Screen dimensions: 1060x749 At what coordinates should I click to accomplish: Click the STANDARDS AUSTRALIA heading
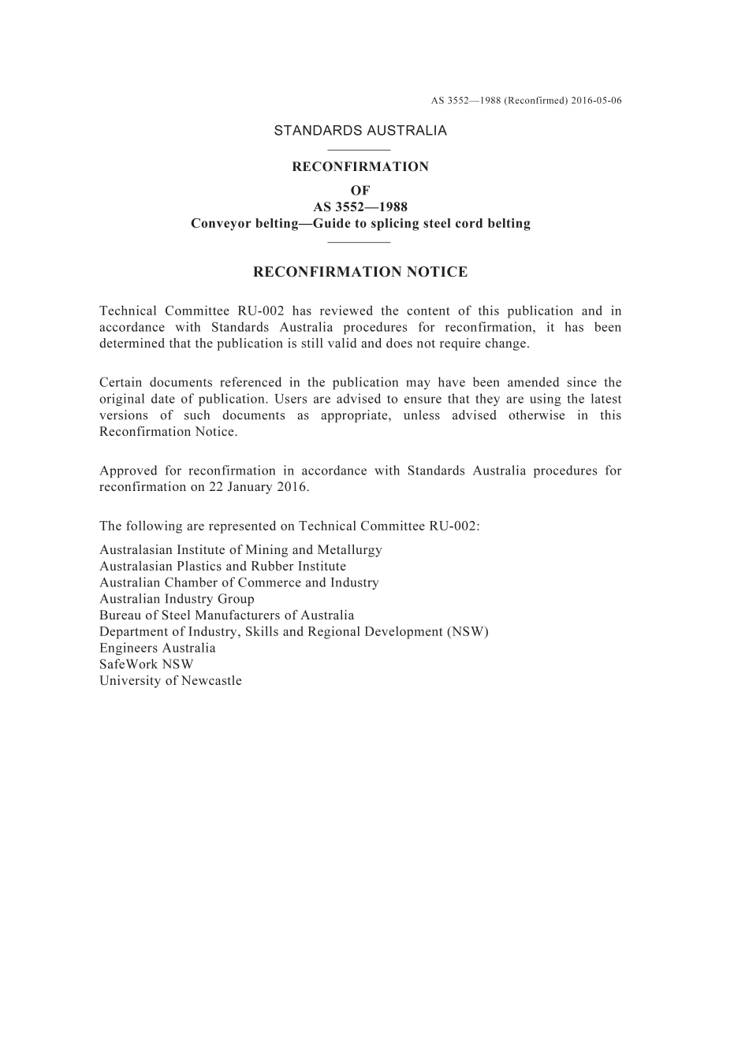(360, 131)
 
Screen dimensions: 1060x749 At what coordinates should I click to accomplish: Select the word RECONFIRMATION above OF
(360, 167)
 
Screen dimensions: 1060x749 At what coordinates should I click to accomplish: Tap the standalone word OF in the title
(360, 191)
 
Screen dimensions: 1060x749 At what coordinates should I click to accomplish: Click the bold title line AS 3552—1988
(360, 207)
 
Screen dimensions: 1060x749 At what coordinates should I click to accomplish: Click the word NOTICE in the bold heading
(436, 273)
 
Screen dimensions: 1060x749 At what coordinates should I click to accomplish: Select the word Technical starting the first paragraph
(127, 311)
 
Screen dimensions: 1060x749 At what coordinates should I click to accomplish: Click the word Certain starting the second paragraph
(121, 383)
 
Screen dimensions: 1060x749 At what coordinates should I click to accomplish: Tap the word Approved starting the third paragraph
(128, 470)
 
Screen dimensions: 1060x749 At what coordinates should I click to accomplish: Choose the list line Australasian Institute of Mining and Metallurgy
(240, 550)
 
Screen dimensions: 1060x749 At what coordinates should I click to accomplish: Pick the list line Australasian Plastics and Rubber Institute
(222, 567)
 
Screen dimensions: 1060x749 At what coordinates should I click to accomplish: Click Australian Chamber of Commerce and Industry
(239, 583)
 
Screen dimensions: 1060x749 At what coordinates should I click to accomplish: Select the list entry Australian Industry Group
(177, 599)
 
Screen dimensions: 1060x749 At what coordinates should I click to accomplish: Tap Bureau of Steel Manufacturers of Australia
(226, 616)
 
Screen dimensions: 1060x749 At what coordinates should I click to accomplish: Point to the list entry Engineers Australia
(157, 649)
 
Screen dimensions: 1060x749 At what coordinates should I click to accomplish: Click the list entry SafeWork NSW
(146, 664)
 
